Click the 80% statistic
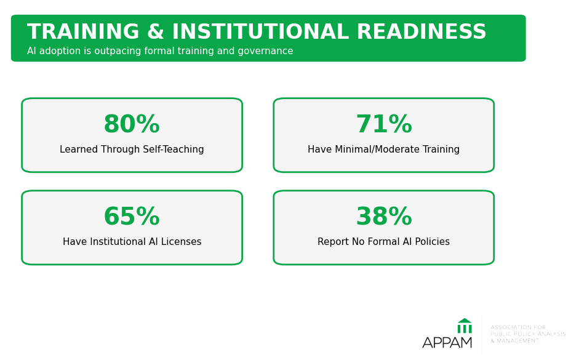tap(132, 124)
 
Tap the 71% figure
tap(384, 124)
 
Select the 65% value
tap(132, 217)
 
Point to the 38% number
tap(384, 217)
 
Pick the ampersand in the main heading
tap(156, 31)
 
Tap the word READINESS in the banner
tap(421, 31)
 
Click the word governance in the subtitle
tap(265, 51)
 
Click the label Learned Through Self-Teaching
tap(132, 150)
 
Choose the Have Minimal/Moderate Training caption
tap(384, 150)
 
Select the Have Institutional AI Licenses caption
tap(132, 242)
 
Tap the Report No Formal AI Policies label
tap(384, 242)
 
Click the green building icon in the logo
tap(465, 326)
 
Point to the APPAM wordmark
tap(447, 343)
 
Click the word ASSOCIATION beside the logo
tap(507, 327)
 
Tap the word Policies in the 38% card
tap(431, 242)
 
